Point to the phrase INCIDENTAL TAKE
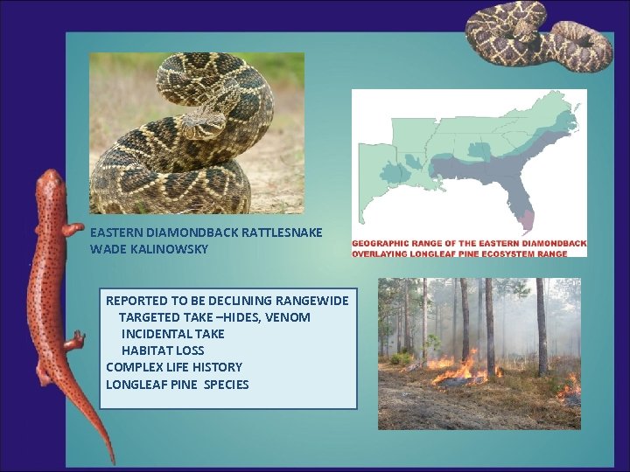173,333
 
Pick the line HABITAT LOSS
163,351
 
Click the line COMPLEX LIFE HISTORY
174,367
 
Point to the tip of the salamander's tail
112,460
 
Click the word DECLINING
239,301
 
